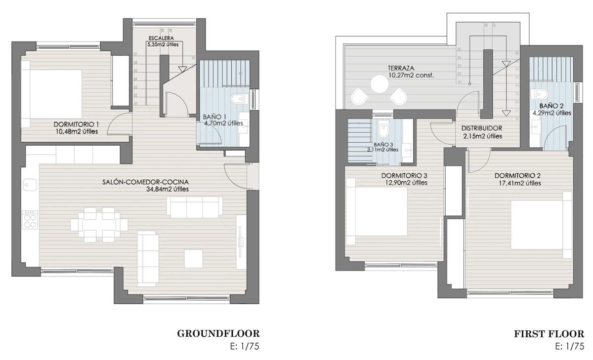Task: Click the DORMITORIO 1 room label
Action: point(76,124)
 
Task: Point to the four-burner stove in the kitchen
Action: point(30,219)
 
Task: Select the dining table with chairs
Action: point(99,225)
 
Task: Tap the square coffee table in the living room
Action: point(194,258)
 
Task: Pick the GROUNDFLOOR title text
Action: point(218,334)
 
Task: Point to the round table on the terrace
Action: point(381,84)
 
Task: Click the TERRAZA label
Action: point(401,68)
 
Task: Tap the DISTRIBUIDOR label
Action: point(478,128)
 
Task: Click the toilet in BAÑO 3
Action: point(383,130)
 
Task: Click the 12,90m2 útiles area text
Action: point(405,183)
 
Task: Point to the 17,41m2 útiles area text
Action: point(517,183)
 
